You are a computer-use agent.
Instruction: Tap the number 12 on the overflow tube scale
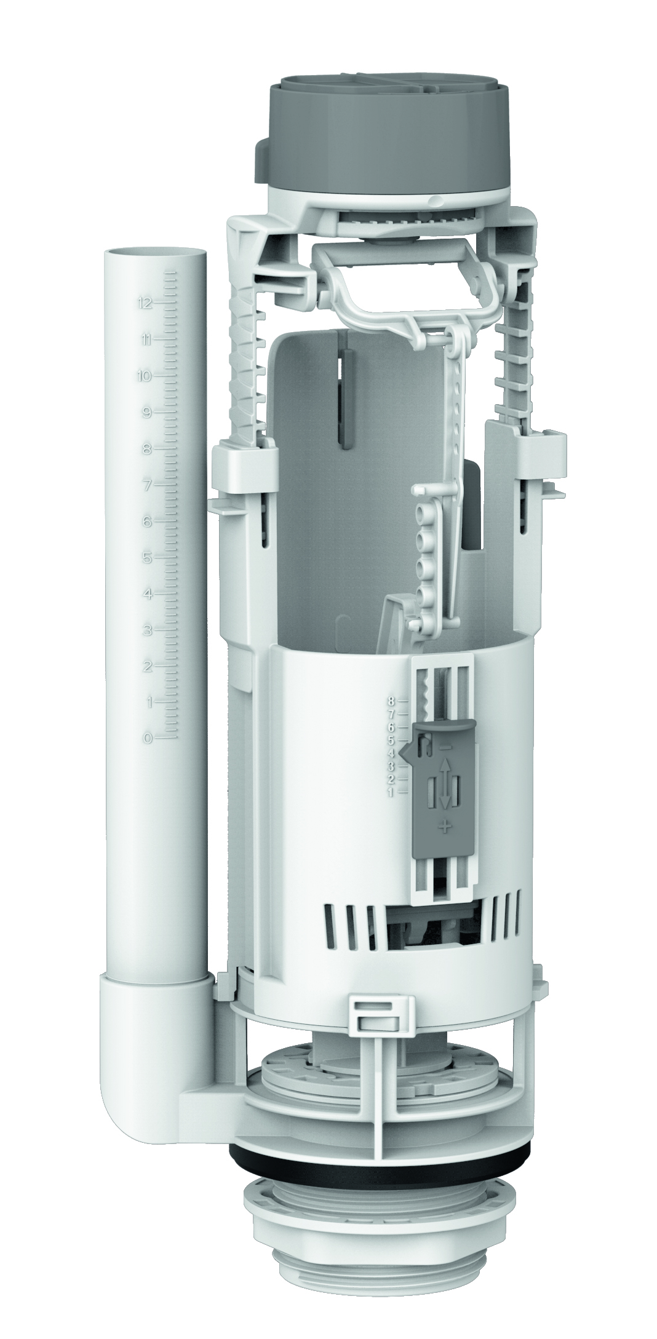pyautogui.click(x=146, y=303)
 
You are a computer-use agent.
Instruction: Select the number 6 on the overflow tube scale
pyautogui.click(x=147, y=521)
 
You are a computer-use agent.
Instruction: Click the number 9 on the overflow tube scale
pyautogui.click(x=147, y=412)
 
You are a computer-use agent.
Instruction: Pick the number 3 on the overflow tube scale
pyautogui.click(x=147, y=630)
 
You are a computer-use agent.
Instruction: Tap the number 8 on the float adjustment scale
pyautogui.click(x=391, y=700)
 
